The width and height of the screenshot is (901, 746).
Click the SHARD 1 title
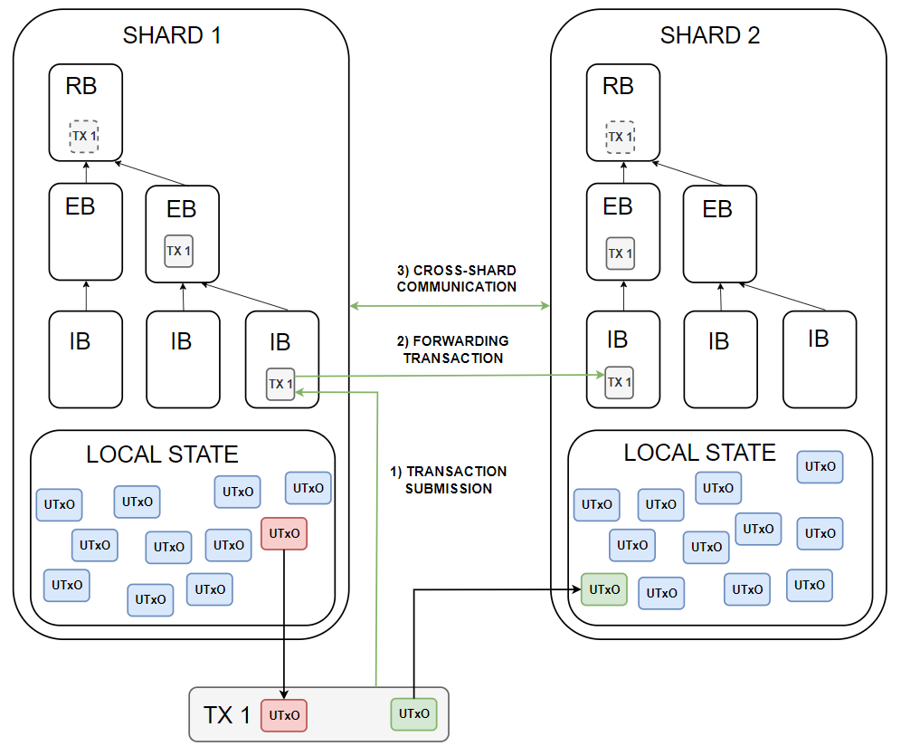point(171,35)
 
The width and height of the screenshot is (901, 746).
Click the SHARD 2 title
point(710,35)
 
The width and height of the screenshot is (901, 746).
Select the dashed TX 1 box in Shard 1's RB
point(84,136)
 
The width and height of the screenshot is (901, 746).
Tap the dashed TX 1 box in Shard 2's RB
point(620,136)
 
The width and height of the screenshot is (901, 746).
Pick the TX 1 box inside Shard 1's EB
point(179,251)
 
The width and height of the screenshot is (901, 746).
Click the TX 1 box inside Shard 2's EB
point(621,253)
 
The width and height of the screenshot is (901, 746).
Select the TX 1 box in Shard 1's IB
point(280,384)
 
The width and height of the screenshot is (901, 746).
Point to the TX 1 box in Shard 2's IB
point(620,382)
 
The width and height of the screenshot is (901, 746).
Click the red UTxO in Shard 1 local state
point(284,533)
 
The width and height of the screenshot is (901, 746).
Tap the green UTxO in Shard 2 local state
point(603,589)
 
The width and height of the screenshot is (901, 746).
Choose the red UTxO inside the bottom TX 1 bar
point(284,715)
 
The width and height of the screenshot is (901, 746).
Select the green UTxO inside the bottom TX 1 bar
point(413,713)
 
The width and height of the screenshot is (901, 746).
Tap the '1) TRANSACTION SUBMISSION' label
point(448,480)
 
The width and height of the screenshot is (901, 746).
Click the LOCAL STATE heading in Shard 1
point(162,454)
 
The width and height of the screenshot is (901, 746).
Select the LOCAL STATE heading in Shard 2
point(699,452)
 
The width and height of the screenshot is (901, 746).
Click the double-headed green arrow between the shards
point(450,306)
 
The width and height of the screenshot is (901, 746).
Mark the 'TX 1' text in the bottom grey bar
point(226,715)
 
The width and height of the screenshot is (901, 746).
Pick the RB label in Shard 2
point(618,86)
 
